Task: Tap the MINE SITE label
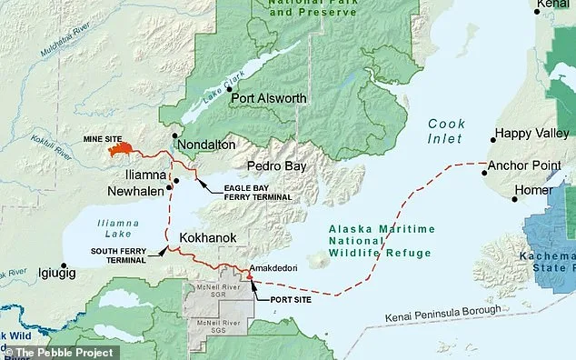101,140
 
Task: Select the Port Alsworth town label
268,98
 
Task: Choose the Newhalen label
134,191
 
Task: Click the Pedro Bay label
276,167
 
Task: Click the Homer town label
532,190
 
